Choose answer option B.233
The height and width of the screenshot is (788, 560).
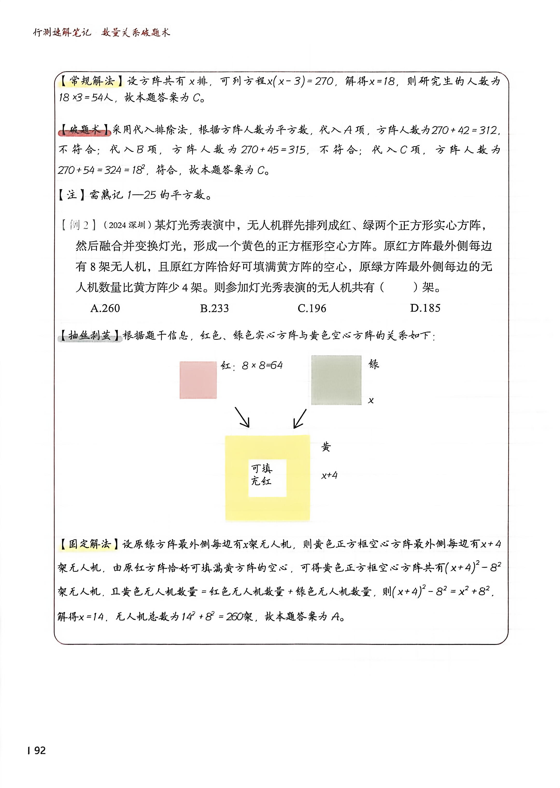pos(214,308)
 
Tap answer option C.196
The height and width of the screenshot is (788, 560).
pos(312,308)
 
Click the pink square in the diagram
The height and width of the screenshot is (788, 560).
pos(198,380)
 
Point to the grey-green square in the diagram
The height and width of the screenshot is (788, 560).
pos(336,380)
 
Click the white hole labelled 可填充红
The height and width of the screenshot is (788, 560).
pos(267,478)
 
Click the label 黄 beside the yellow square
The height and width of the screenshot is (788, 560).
pos(326,447)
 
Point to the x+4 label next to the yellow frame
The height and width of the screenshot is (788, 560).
pos(329,475)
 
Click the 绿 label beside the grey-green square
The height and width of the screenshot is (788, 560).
pos(373,364)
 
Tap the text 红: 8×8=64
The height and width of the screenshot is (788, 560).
pos(252,365)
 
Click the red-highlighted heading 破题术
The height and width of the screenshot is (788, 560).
pos(85,130)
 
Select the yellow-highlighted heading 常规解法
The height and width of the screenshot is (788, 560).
pos(91,81)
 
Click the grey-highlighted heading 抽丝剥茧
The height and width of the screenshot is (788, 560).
pos(90,335)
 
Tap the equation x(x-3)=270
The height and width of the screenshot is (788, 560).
pos(300,82)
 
